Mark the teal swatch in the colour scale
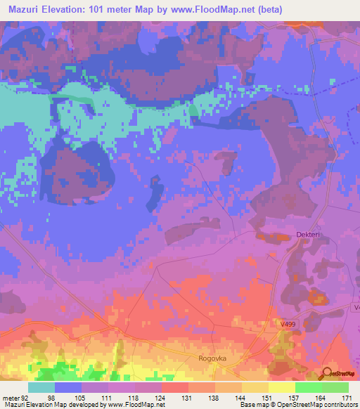pos(41,388)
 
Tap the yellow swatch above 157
pos(282,388)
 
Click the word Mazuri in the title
pos(25,10)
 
